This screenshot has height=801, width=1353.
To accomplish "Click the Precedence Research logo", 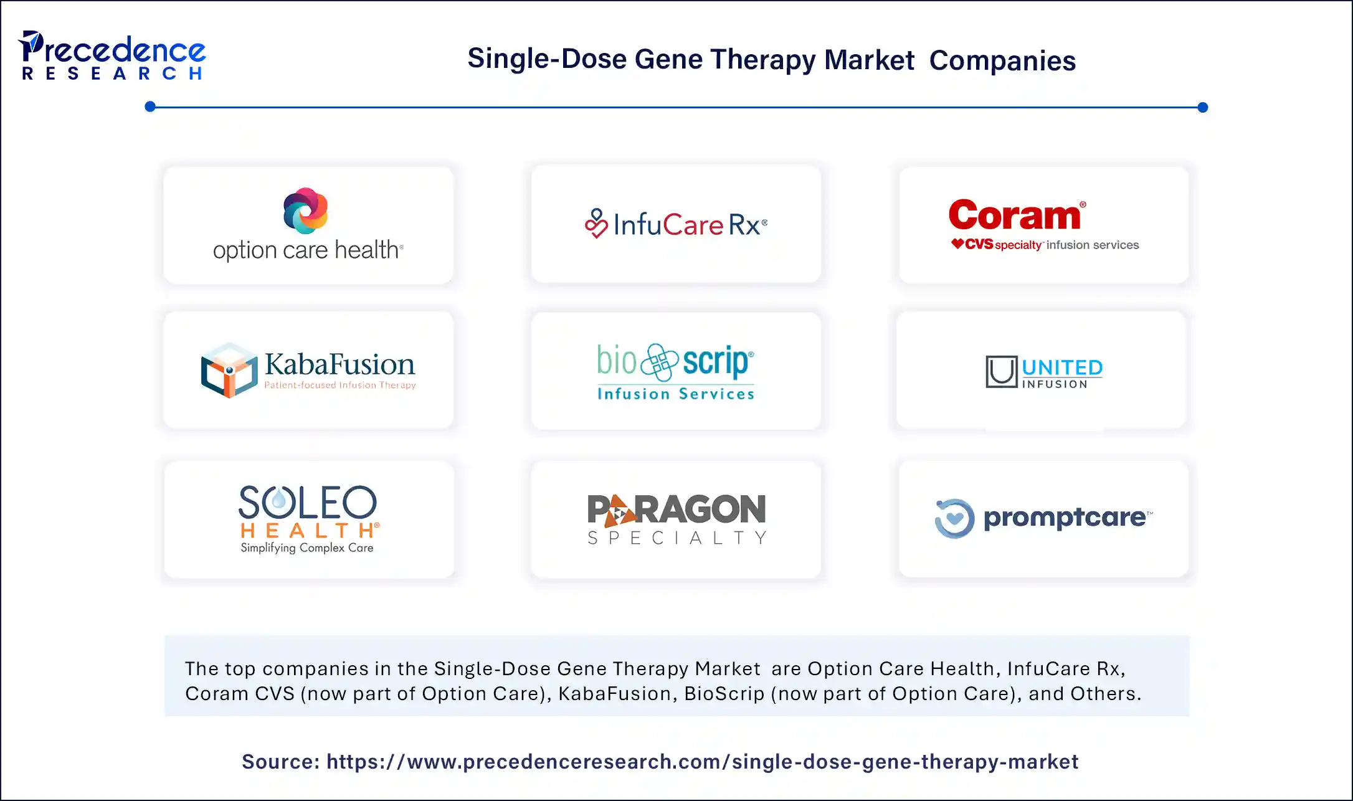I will pos(112,55).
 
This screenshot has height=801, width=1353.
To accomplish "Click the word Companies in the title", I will pos(1002,60).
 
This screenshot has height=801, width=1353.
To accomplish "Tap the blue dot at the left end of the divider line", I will pos(150,107).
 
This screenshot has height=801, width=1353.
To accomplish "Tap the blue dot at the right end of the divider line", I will pos(1202,107).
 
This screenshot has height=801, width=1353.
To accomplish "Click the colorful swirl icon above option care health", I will pos(305,211).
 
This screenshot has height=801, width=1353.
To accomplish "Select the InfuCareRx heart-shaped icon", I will pos(596,224).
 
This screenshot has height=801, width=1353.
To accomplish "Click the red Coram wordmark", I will pos(1015,216).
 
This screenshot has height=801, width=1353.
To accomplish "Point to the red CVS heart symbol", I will pos(957,244).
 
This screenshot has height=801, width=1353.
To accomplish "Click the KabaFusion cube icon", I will pos(229,370).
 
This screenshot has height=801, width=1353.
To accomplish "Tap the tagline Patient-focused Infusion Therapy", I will pos(339,386).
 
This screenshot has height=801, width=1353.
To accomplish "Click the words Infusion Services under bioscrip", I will pos(676,394).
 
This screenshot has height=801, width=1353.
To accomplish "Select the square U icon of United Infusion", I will pos(1001,372).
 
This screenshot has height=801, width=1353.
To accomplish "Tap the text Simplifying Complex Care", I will pos(307,547).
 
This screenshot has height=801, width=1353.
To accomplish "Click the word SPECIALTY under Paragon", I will pos(676,538).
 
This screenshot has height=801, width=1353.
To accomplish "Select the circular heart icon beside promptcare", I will pos(954,518).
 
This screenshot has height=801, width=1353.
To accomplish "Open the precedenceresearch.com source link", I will pos(702,761).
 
